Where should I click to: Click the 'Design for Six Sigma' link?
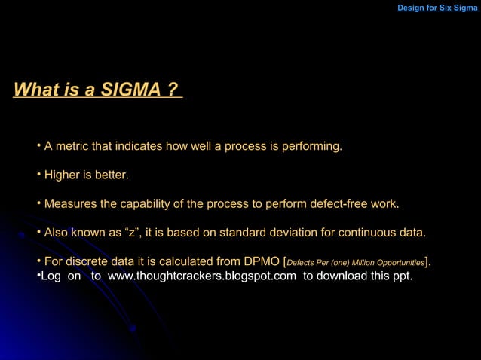tap(437, 8)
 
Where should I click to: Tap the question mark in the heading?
tap(173, 90)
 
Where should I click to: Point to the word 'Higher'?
tap(63, 175)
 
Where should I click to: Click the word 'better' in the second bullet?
tap(111, 175)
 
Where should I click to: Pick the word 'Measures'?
tap(70, 204)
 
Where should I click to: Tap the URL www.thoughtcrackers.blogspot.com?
tap(202, 276)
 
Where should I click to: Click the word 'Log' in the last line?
tap(51, 276)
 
